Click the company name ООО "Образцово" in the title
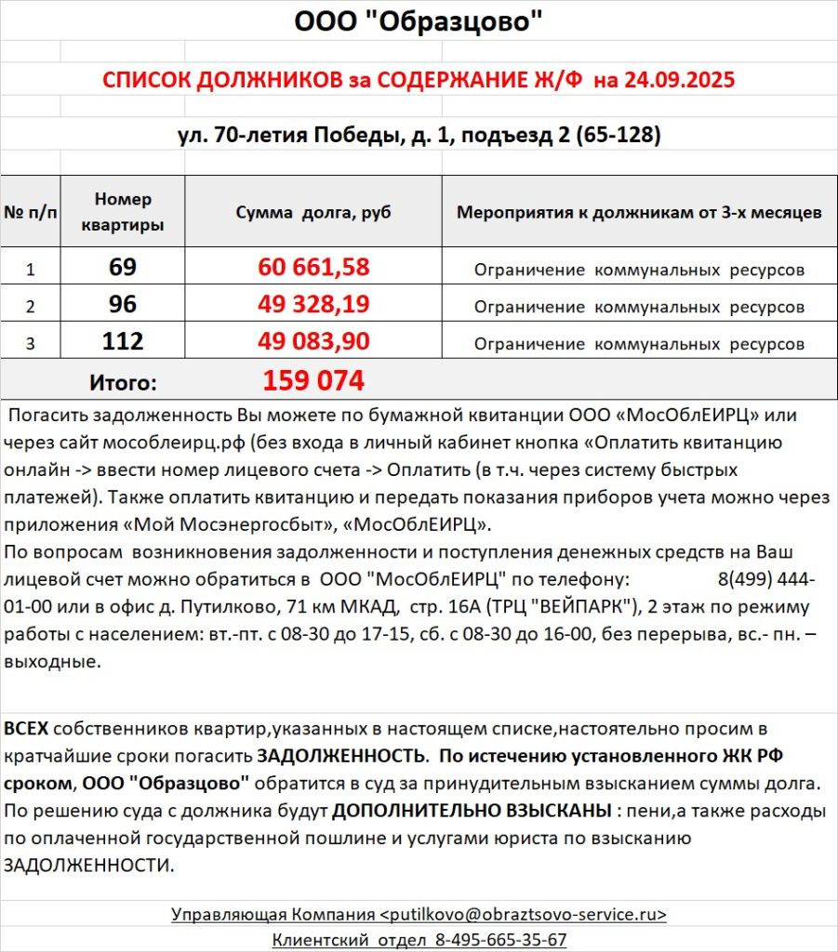tap(419, 20)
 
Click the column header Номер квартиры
tap(123, 212)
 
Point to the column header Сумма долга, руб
tap(313, 212)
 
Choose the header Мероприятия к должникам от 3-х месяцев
tap(639, 212)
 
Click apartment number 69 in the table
tap(123, 268)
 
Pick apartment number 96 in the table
tap(123, 304)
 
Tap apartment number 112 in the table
tap(123, 341)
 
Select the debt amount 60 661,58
tap(313, 268)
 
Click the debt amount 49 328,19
tap(313, 304)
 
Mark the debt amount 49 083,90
tap(313, 341)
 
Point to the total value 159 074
tap(313, 380)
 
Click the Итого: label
tap(123, 381)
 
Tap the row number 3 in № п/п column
tap(30, 343)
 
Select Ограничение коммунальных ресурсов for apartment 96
tap(639, 306)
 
